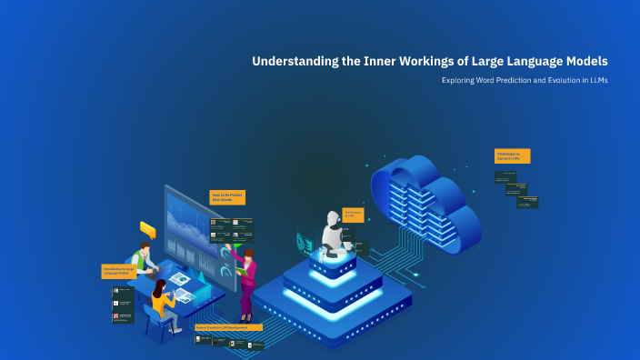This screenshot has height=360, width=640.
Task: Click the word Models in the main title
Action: pos(583,62)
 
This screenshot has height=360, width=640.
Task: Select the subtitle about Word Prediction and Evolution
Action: pos(525,81)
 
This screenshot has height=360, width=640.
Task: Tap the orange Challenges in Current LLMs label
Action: pos(512,156)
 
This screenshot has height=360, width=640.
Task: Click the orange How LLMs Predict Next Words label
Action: pos(228,196)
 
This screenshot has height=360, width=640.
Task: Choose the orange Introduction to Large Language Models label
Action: pos(119,271)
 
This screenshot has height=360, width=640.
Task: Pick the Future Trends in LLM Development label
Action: pos(228,326)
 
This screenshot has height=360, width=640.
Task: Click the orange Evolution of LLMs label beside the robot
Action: pos(353,215)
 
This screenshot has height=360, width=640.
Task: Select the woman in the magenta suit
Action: pos(245,282)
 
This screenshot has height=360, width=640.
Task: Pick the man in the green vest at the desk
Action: pos(143,258)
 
